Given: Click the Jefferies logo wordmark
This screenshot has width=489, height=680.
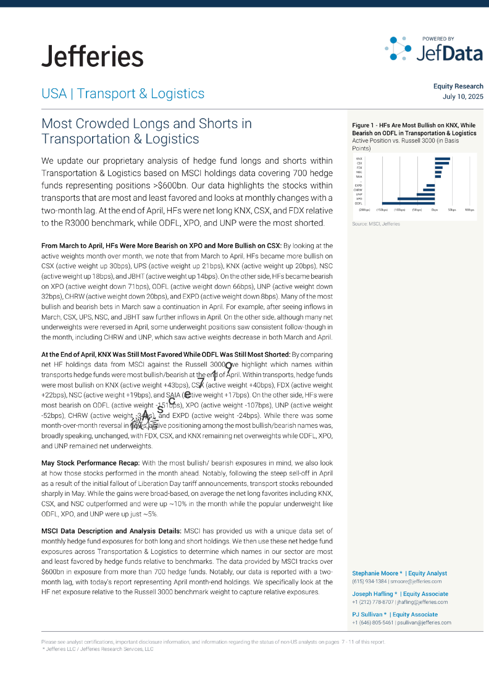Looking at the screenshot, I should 92,56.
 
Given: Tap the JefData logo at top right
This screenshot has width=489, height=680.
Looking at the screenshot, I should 435,49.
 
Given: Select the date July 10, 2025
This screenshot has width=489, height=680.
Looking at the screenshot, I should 463,97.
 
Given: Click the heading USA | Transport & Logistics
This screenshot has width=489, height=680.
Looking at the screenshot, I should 123,94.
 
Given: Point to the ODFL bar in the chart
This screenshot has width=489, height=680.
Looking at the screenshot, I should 408,203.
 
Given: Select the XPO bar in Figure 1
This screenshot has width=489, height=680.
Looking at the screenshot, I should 416,199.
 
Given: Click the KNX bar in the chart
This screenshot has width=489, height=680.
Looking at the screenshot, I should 442,159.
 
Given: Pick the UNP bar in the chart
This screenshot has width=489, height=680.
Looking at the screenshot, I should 426,195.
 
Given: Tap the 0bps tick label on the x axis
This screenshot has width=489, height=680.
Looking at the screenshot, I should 435,210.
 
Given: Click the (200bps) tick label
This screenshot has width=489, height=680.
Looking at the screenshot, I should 365,210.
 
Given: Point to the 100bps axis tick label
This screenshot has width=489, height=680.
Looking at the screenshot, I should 469,210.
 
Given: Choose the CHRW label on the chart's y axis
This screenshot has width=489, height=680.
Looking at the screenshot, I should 358,190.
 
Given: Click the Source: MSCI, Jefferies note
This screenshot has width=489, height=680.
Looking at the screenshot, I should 376,224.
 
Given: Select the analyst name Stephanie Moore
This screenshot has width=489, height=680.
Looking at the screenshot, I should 375,573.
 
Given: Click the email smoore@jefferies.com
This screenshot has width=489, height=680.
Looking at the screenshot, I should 416,582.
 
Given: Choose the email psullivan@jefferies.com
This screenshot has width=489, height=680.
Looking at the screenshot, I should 424,623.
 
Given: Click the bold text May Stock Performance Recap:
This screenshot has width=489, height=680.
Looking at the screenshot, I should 91,463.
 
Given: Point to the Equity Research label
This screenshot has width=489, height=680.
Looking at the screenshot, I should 458,87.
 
